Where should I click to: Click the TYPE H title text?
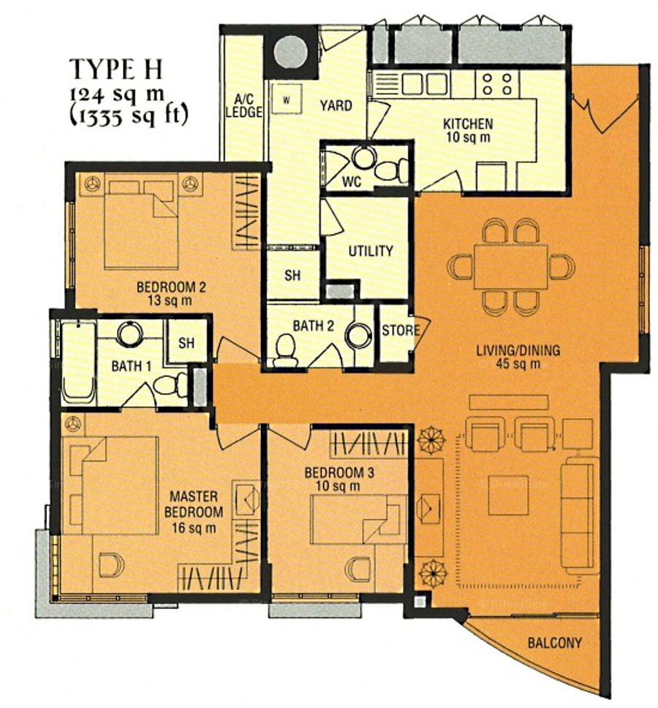[116, 69]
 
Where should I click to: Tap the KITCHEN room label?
[468, 123]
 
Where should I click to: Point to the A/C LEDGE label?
[243, 106]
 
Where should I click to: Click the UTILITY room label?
[371, 251]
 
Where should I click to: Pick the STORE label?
[401, 330]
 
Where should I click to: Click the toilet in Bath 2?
[286, 351]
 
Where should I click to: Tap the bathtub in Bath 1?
[78, 362]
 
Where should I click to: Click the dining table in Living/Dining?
[511, 267]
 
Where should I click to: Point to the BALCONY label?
[555, 642]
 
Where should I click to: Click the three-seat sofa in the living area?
[577, 515]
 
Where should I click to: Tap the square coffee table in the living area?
[508, 495]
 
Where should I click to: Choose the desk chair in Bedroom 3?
[358, 570]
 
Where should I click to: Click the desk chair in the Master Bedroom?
[110, 564]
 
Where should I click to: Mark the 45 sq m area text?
[518, 364]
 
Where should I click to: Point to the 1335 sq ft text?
[129, 116]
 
